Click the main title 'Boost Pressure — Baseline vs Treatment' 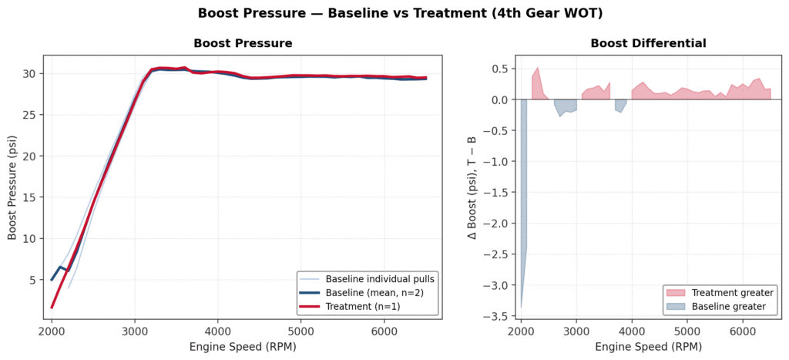pyautogui.click(x=394, y=13)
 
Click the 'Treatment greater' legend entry pyautogui.click(x=728, y=293)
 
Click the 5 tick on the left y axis pyautogui.click(x=34, y=280)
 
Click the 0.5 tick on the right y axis pyautogui.click(x=502, y=69)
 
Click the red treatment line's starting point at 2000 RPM pyautogui.click(x=52, y=308)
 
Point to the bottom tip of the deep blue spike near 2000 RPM pyautogui.click(x=521, y=308)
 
